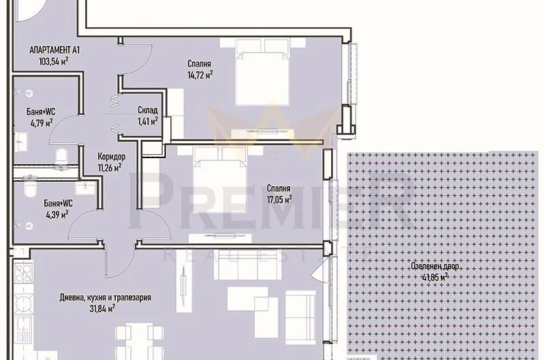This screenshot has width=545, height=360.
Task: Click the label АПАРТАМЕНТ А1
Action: pos(56,50)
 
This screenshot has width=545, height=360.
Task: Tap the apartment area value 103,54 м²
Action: pos(53,61)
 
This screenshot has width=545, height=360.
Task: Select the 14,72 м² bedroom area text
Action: pos(200,75)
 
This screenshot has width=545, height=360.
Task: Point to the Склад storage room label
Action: pos(147,110)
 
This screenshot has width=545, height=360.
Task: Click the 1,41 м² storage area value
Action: pos(147,121)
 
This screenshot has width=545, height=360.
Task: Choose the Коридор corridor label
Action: pos(110,155)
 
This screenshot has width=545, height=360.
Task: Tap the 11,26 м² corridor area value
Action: pos(110,166)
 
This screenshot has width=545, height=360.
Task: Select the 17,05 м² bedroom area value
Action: pos(279,199)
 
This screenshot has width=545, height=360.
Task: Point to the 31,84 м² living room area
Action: pos(102,308)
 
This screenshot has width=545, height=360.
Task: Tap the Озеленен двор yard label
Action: pos(435,267)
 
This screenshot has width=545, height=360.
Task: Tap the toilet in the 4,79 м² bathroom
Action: pos(61,157)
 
